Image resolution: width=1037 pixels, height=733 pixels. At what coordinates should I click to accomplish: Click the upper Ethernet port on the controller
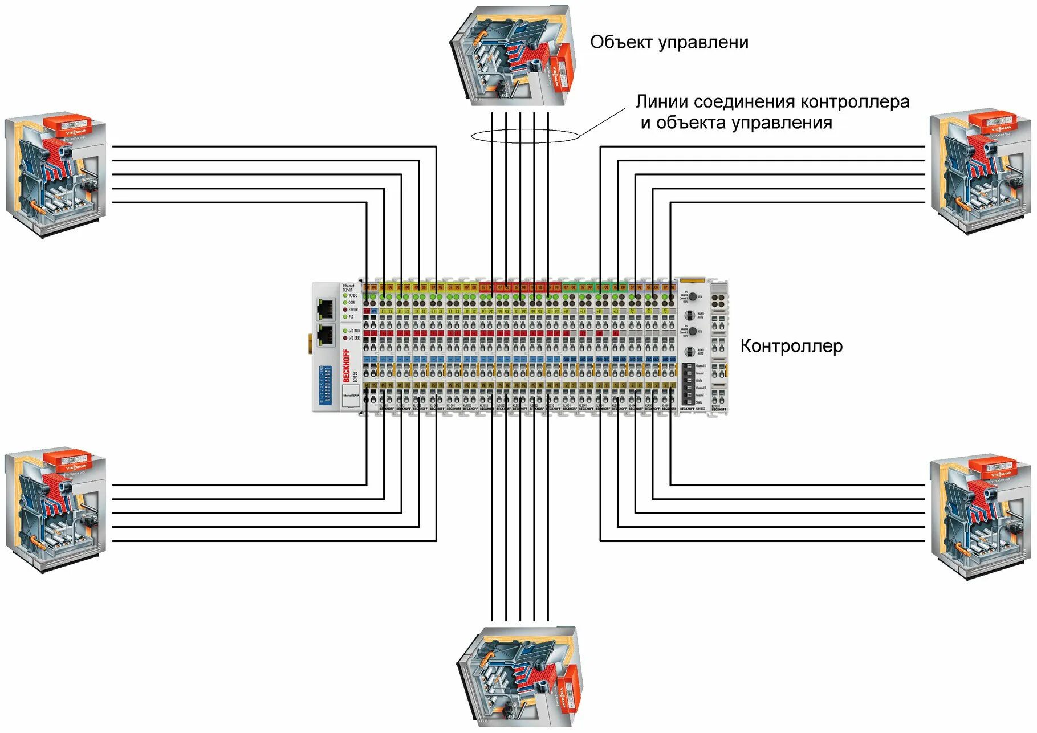(x=326, y=308)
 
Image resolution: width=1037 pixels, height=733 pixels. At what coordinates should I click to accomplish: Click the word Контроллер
(x=791, y=346)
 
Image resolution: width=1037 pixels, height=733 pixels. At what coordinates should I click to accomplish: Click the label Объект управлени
(x=669, y=42)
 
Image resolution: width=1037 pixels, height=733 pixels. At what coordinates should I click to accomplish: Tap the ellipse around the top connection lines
(x=525, y=136)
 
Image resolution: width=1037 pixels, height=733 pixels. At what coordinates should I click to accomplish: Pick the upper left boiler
(x=56, y=174)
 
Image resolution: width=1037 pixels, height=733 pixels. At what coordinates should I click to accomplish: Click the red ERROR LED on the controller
(x=345, y=310)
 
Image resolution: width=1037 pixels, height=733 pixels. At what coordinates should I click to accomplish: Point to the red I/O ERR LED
(x=345, y=338)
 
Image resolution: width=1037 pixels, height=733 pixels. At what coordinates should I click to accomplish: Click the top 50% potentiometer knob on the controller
(x=692, y=297)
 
